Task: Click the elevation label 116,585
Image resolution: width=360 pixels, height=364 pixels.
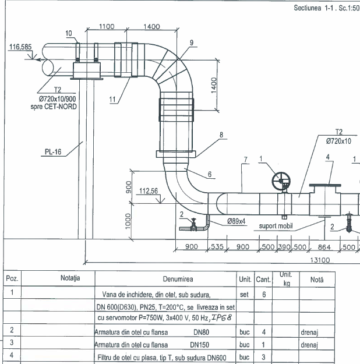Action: (x=20, y=47)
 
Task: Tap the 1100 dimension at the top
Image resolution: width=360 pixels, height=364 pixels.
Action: (x=107, y=26)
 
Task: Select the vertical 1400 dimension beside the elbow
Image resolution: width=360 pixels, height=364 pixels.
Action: (x=214, y=85)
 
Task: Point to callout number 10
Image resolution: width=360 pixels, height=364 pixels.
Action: (x=69, y=33)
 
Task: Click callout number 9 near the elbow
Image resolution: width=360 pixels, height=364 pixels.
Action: (x=192, y=43)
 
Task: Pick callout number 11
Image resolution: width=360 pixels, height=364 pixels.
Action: (x=112, y=100)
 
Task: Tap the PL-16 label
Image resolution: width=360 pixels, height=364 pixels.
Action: (x=53, y=152)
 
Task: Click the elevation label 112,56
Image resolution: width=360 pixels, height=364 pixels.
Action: (x=149, y=191)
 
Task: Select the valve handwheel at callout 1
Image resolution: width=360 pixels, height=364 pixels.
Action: (x=281, y=181)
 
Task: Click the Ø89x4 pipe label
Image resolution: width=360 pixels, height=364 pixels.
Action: (x=236, y=221)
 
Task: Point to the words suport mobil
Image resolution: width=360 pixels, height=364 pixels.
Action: (x=276, y=226)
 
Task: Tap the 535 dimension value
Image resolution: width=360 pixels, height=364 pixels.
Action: (x=217, y=246)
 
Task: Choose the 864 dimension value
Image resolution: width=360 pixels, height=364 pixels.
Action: (x=324, y=247)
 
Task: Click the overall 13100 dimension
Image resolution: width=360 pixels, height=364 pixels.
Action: (x=320, y=260)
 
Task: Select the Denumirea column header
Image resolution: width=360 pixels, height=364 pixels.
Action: (x=178, y=279)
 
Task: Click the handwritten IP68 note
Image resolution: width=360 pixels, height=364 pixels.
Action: (x=221, y=317)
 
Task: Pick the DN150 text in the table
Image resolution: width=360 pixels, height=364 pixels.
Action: (x=199, y=345)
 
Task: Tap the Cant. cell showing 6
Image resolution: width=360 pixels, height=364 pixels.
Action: (x=264, y=294)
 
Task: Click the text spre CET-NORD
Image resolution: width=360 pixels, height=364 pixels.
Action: (x=54, y=107)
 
